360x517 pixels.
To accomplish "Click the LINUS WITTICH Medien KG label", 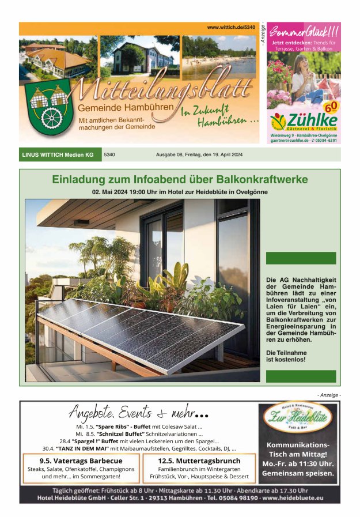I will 58,154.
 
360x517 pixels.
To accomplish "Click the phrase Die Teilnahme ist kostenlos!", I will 286,356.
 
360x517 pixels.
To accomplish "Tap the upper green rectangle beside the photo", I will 301,258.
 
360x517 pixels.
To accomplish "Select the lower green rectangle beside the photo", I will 301,376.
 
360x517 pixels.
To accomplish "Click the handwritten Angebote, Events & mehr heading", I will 138,413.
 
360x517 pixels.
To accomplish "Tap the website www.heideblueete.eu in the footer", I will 293,497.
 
